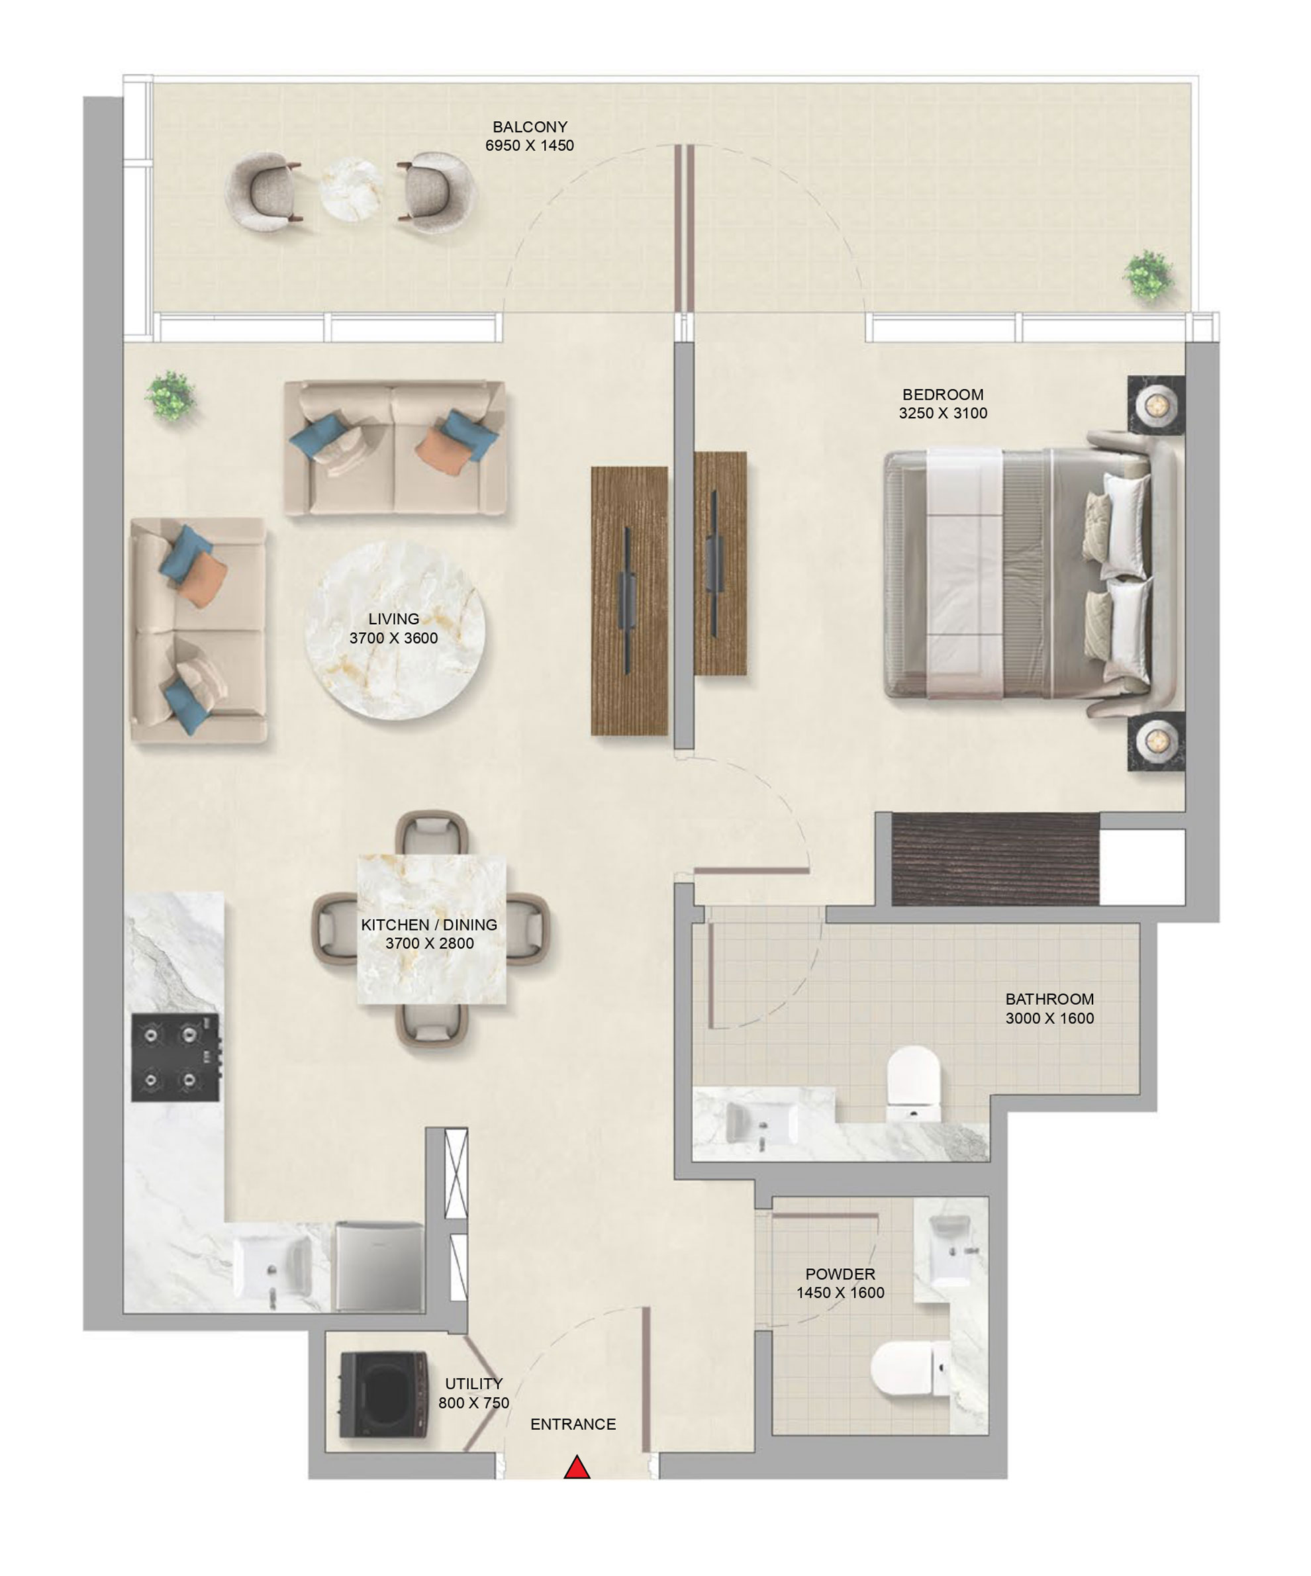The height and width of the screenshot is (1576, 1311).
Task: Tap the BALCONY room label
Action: click(x=529, y=127)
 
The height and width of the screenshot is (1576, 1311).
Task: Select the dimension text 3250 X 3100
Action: click(x=942, y=413)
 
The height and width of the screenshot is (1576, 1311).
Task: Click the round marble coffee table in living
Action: click(x=394, y=630)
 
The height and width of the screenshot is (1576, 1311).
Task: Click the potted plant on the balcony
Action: click(x=1148, y=275)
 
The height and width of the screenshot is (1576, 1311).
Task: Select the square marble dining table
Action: click(x=431, y=929)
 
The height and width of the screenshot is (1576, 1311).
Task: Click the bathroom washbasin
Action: click(x=762, y=1123)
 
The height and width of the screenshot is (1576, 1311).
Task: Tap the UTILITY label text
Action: click(x=473, y=1383)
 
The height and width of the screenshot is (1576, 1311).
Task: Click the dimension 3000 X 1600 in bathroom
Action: click(x=1049, y=1019)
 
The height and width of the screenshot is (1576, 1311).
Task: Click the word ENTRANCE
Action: click(x=572, y=1424)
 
